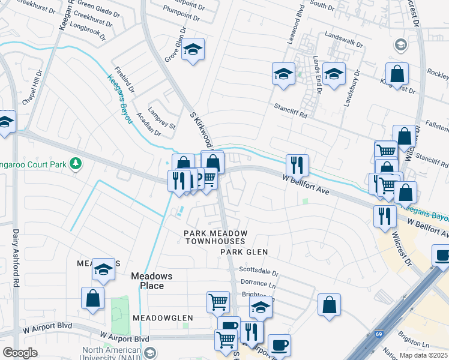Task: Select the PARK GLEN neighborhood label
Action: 243,252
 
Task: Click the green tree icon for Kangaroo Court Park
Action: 76,163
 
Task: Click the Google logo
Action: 20,353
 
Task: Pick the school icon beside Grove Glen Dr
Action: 193,50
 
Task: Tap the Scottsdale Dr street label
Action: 260,271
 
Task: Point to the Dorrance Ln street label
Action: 259,283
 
